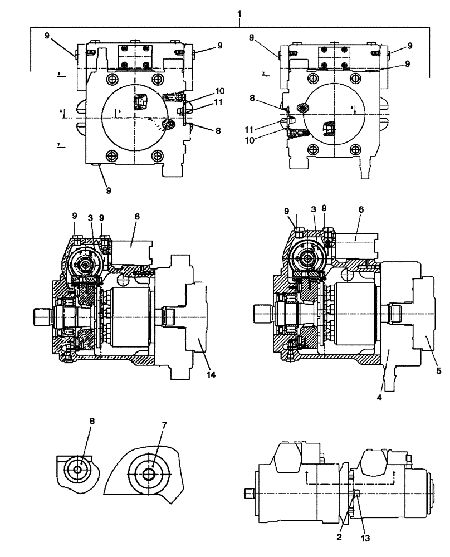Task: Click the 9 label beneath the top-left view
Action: click(x=108, y=190)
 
